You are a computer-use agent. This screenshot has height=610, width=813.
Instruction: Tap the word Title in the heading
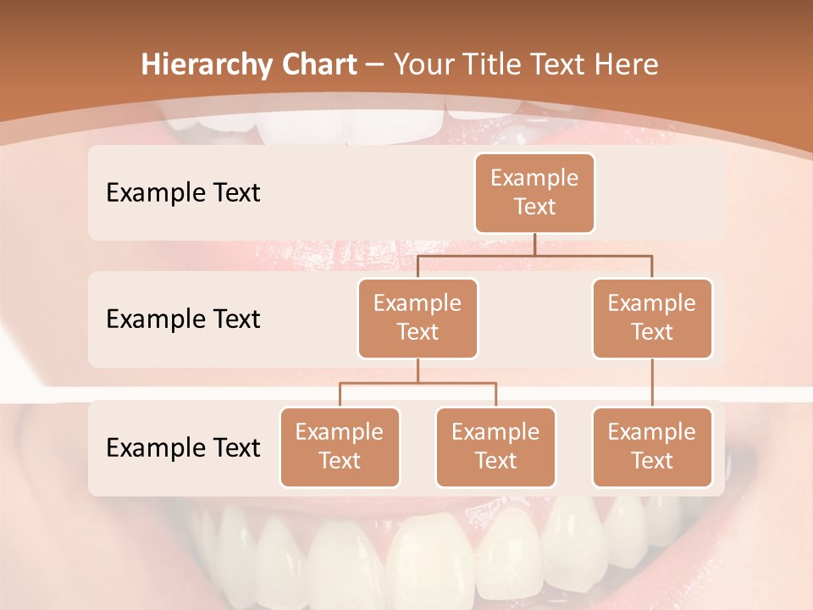(x=489, y=65)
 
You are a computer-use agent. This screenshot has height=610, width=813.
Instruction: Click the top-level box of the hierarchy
(x=534, y=192)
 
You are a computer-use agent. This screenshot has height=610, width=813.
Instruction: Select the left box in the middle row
(x=418, y=318)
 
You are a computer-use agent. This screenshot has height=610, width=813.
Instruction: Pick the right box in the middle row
(x=652, y=318)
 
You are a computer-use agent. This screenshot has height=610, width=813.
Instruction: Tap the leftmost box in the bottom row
(x=340, y=446)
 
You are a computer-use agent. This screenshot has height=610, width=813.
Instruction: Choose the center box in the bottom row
(x=495, y=446)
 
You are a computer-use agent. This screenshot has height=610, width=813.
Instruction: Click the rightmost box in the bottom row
(x=652, y=446)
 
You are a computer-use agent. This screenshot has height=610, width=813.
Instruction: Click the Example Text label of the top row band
(x=183, y=193)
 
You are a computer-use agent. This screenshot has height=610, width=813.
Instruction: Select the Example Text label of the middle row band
(x=183, y=319)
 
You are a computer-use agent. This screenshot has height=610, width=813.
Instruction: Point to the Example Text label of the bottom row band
(x=183, y=447)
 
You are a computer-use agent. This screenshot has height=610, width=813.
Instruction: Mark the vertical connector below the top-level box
(x=534, y=244)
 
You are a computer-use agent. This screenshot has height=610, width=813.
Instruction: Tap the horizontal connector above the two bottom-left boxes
(x=418, y=383)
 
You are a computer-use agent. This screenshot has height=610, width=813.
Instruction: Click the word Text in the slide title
(x=556, y=65)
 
